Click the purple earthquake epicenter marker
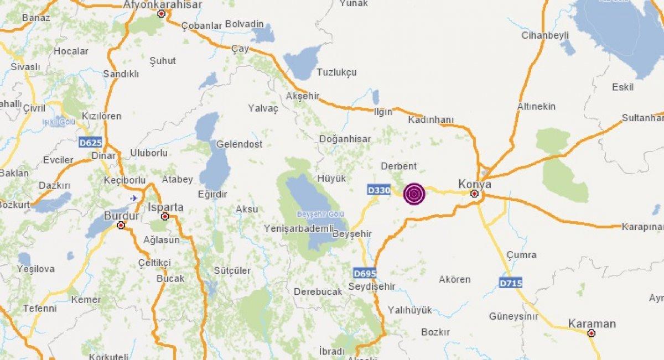pos(414,194)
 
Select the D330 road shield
pos(379,190)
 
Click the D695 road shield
pos(365,273)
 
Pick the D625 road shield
pos(90,142)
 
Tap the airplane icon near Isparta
pos(133,197)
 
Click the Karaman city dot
pos(592,333)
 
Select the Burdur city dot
pos(121,225)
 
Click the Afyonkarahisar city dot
pos(162,14)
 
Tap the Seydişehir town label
pos(372,286)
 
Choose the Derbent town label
pos(399,166)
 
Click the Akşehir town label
pos(303,96)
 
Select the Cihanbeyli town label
pos(545,35)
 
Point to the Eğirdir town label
pos(212,194)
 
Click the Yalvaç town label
pos(263,108)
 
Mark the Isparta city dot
pos(164,216)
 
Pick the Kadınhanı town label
pos(431,119)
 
